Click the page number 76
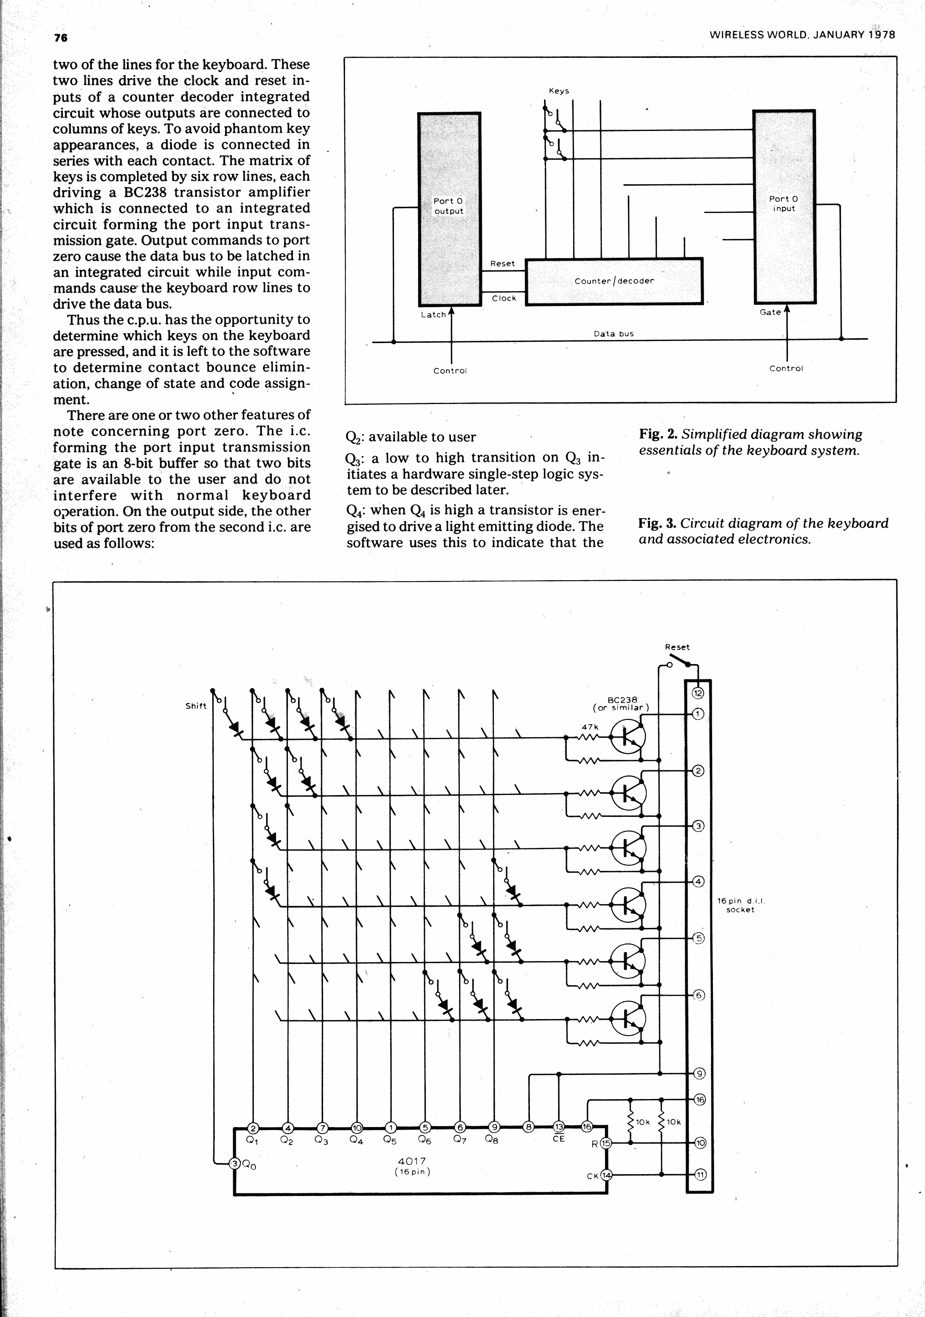(x=60, y=38)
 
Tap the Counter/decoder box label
(x=614, y=281)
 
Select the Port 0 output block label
(x=448, y=206)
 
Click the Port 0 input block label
(x=783, y=204)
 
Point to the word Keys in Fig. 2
(x=559, y=91)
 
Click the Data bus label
(x=614, y=334)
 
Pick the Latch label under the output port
(x=433, y=315)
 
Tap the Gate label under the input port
(x=770, y=312)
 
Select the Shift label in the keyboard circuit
(x=196, y=706)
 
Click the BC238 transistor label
(x=622, y=700)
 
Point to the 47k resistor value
(x=590, y=727)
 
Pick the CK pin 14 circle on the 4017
(x=606, y=1175)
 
